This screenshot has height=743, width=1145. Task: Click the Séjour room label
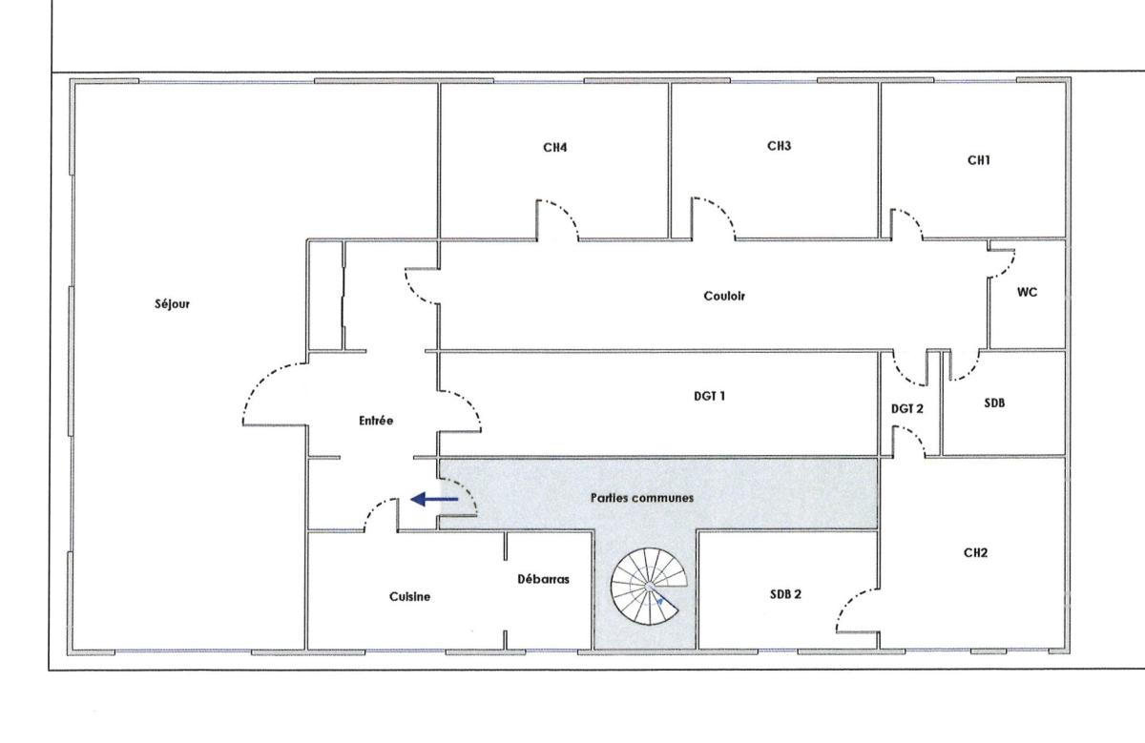(x=173, y=304)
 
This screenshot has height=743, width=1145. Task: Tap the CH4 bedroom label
(x=554, y=148)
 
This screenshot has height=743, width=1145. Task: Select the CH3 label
(x=779, y=146)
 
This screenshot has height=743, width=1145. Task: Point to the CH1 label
(x=978, y=160)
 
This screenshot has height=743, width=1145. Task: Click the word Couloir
(x=724, y=296)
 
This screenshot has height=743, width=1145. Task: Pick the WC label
(x=1027, y=292)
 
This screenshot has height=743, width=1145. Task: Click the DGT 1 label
(x=709, y=396)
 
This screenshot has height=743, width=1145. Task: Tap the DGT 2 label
(x=907, y=409)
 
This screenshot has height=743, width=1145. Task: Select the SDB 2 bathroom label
(x=785, y=594)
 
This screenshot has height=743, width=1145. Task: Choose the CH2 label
(x=975, y=553)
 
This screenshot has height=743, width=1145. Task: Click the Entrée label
(x=376, y=421)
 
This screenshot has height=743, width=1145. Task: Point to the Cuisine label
(x=409, y=596)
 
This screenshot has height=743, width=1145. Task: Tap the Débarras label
(x=543, y=580)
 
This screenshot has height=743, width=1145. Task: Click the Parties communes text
(x=642, y=498)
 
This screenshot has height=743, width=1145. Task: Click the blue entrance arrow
(x=434, y=499)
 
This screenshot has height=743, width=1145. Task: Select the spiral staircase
(x=649, y=587)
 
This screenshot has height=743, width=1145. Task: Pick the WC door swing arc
(x=1007, y=268)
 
